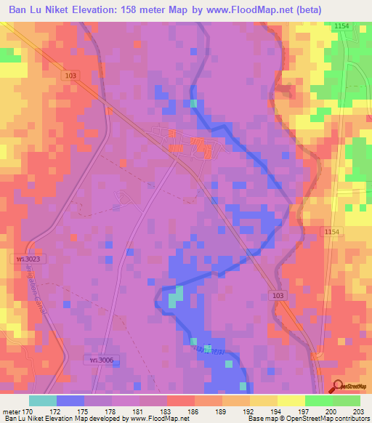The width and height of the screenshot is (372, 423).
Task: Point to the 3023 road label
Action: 25,259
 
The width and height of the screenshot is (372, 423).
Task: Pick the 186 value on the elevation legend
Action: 173,411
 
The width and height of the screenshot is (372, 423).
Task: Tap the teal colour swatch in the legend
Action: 43,400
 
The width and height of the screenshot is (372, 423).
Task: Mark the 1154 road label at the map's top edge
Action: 342,25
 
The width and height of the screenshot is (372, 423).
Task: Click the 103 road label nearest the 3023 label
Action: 69,75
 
